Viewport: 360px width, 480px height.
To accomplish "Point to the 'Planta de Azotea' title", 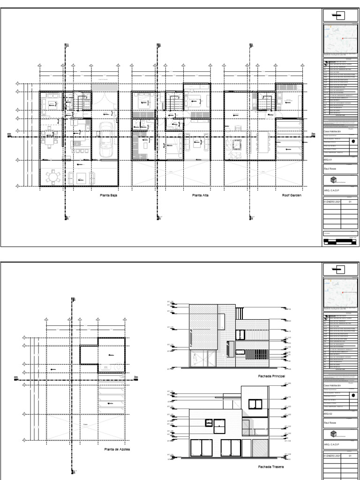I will tap(117, 449).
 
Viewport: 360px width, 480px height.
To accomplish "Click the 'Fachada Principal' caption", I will tap(271, 376).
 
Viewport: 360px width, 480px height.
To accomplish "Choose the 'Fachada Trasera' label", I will tap(271, 467).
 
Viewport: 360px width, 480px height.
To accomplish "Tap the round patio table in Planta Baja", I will tap(52, 178).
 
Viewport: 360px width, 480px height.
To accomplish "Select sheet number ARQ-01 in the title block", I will tap(328, 160).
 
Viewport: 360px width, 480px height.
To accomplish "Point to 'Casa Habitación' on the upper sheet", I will tap(333, 133).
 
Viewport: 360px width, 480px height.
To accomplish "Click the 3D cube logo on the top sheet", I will tap(333, 180).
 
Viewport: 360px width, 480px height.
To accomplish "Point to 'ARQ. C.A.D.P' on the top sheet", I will tap(332, 191).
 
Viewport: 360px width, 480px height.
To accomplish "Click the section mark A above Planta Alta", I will tap(159, 45).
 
